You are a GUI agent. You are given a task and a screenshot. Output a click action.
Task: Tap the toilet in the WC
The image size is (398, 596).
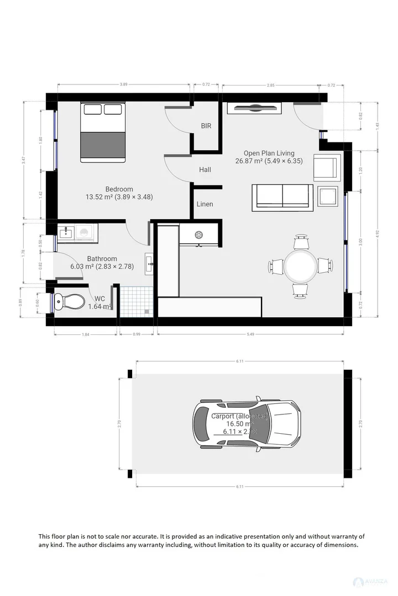point(70,302)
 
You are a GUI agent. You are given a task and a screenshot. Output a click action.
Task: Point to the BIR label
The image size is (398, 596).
point(206,126)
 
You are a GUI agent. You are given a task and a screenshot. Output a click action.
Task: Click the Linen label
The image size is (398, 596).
point(205,204)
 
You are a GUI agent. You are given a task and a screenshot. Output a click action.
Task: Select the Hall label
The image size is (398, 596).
point(205,170)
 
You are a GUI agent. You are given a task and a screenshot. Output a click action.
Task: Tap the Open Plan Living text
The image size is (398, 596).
point(269,153)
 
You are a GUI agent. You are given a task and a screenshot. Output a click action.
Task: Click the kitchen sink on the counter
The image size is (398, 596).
point(198,235)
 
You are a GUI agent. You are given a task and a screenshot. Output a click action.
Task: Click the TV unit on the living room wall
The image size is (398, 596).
point(255,108)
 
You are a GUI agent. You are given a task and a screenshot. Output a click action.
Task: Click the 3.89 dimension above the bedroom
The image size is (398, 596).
point(124,84)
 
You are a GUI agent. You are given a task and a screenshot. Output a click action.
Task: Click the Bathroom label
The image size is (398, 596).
point(102,259)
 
